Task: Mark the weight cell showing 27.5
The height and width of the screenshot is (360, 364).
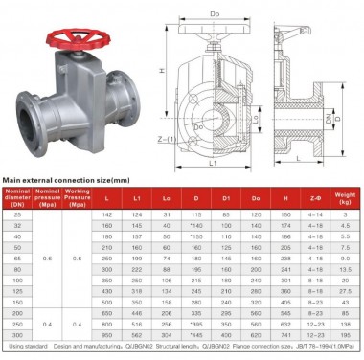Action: pyautogui.click(x=347, y=289)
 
